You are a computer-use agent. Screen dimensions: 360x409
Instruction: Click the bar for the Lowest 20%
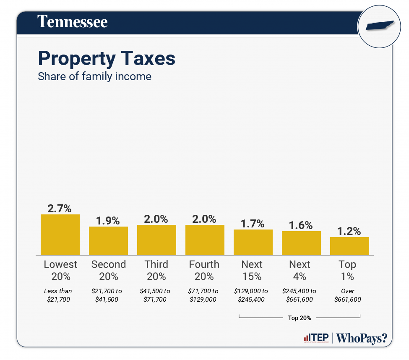(x=60, y=235)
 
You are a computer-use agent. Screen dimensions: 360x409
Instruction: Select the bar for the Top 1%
(x=349, y=246)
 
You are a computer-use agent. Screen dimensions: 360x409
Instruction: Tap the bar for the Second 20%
(x=108, y=241)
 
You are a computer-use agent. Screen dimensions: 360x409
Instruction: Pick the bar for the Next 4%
(x=301, y=243)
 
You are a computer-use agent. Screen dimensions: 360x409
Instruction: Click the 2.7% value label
(x=60, y=208)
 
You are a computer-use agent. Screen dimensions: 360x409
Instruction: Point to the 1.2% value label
(x=349, y=231)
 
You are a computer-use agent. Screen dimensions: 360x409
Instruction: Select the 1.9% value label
(x=108, y=220)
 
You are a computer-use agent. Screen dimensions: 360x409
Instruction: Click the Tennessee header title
(x=73, y=22)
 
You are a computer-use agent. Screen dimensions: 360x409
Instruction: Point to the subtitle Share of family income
(x=94, y=77)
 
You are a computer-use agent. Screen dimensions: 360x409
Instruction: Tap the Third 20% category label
(x=156, y=270)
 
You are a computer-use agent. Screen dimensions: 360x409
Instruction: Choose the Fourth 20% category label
(x=204, y=270)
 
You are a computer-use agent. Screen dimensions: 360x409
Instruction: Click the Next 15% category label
(x=252, y=270)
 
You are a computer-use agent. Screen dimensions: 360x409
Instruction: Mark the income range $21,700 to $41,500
(x=108, y=295)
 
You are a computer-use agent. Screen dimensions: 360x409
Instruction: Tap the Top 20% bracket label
(x=300, y=318)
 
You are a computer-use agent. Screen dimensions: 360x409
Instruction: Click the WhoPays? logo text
(x=362, y=338)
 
